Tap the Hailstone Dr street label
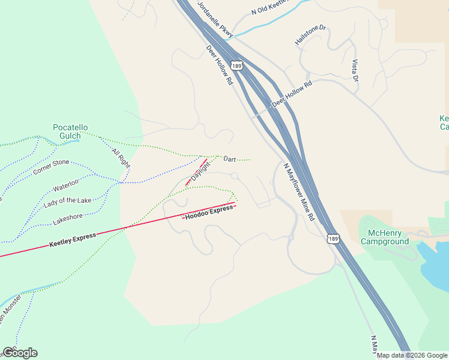pyautogui.click(x=310, y=35)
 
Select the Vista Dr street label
pyautogui.click(x=355, y=71)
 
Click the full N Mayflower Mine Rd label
pyautogui.click(x=298, y=191)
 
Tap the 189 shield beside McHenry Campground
pyautogui.click(x=334, y=239)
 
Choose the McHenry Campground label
pyautogui.click(x=385, y=237)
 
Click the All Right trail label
pyautogui.click(x=121, y=157)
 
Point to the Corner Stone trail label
pyautogui.click(x=51, y=167)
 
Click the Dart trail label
pyautogui.click(x=229, y=160)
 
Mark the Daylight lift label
pyautogui.click(x=200, y=173)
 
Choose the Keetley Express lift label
pyautogui.click(x=73, y=240)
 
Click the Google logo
pyautogui.click(x=20, y=353)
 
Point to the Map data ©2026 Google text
pyautogui.click(x=412, y=355)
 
